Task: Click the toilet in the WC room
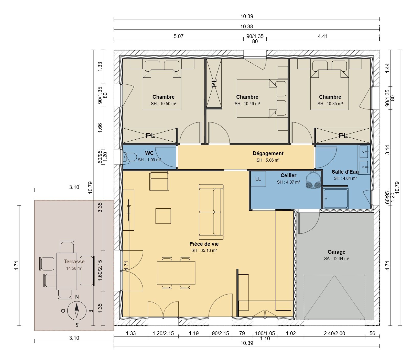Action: [130, 157]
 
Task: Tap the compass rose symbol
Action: [77, 310]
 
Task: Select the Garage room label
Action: [336, 252]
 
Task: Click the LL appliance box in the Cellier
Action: [258, 179]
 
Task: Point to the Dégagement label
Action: [268, 153]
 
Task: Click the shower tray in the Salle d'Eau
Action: [335, 198]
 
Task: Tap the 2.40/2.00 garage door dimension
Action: [334, 333]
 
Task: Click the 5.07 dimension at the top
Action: [178, 36]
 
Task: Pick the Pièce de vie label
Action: [204, 244]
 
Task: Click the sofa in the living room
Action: [211, 210]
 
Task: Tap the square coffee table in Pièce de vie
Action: [163, 216]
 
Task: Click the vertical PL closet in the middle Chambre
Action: [214, 84]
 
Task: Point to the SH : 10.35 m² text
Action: [330, 104]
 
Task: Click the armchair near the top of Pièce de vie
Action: [159, 181]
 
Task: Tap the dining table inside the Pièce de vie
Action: [176, 273]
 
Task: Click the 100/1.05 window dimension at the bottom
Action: [265, 333]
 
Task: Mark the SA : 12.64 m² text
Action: [336, 258]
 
